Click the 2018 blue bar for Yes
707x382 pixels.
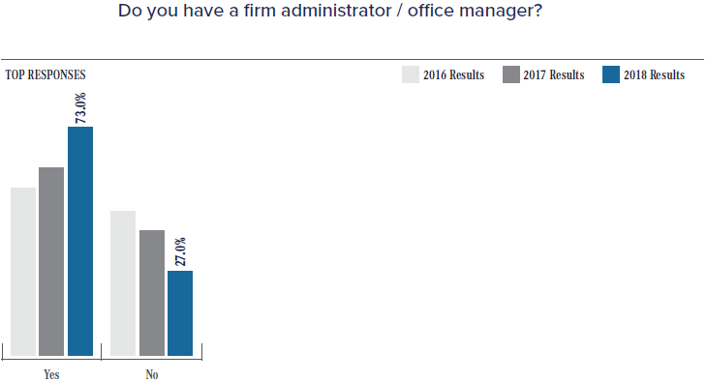pos(80,241)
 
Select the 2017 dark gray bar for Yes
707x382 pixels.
pos(51,261)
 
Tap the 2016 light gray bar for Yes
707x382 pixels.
pos(23,272)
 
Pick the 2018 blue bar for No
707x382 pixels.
pos(180,312)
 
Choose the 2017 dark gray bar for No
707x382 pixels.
pos(152,292)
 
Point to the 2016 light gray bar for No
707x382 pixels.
pos(123,282)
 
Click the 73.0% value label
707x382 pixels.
pos(81,107)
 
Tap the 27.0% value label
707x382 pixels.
pos(180,251)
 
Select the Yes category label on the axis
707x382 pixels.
pos(52,374)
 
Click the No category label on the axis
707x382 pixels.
pos(152,374)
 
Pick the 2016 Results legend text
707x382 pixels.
pos(453,75)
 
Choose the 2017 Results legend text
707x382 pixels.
pos(553,75)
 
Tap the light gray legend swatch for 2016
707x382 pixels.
pos(411,75)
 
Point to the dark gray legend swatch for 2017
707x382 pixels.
pos(510,75)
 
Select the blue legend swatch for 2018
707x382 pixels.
pos(611,75)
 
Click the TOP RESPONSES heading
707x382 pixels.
pos(46,74)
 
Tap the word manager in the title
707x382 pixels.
pos(490,13)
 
